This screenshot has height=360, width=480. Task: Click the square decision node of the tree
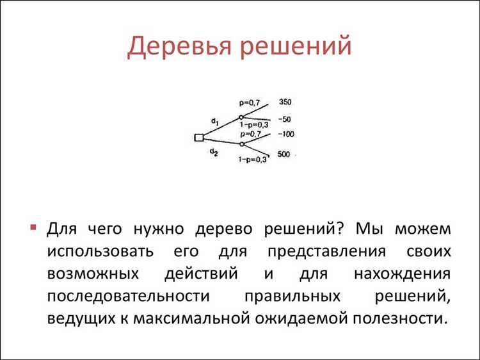tap(198, 137)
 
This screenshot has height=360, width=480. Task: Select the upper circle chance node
tap(241, 117)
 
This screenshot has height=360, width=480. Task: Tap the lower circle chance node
tap(241, 145)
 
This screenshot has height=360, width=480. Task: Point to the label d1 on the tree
tap(214, 121)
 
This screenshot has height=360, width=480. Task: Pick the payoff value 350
tap(285, 102)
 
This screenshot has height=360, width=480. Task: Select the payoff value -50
tap(285, 120)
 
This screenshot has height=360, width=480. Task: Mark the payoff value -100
tap(285, 133)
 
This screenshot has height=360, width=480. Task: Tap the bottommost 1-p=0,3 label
tap(253, 159)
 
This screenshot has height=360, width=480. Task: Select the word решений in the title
tap(297, 47)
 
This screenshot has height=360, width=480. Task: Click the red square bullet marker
tap(33, 229)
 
